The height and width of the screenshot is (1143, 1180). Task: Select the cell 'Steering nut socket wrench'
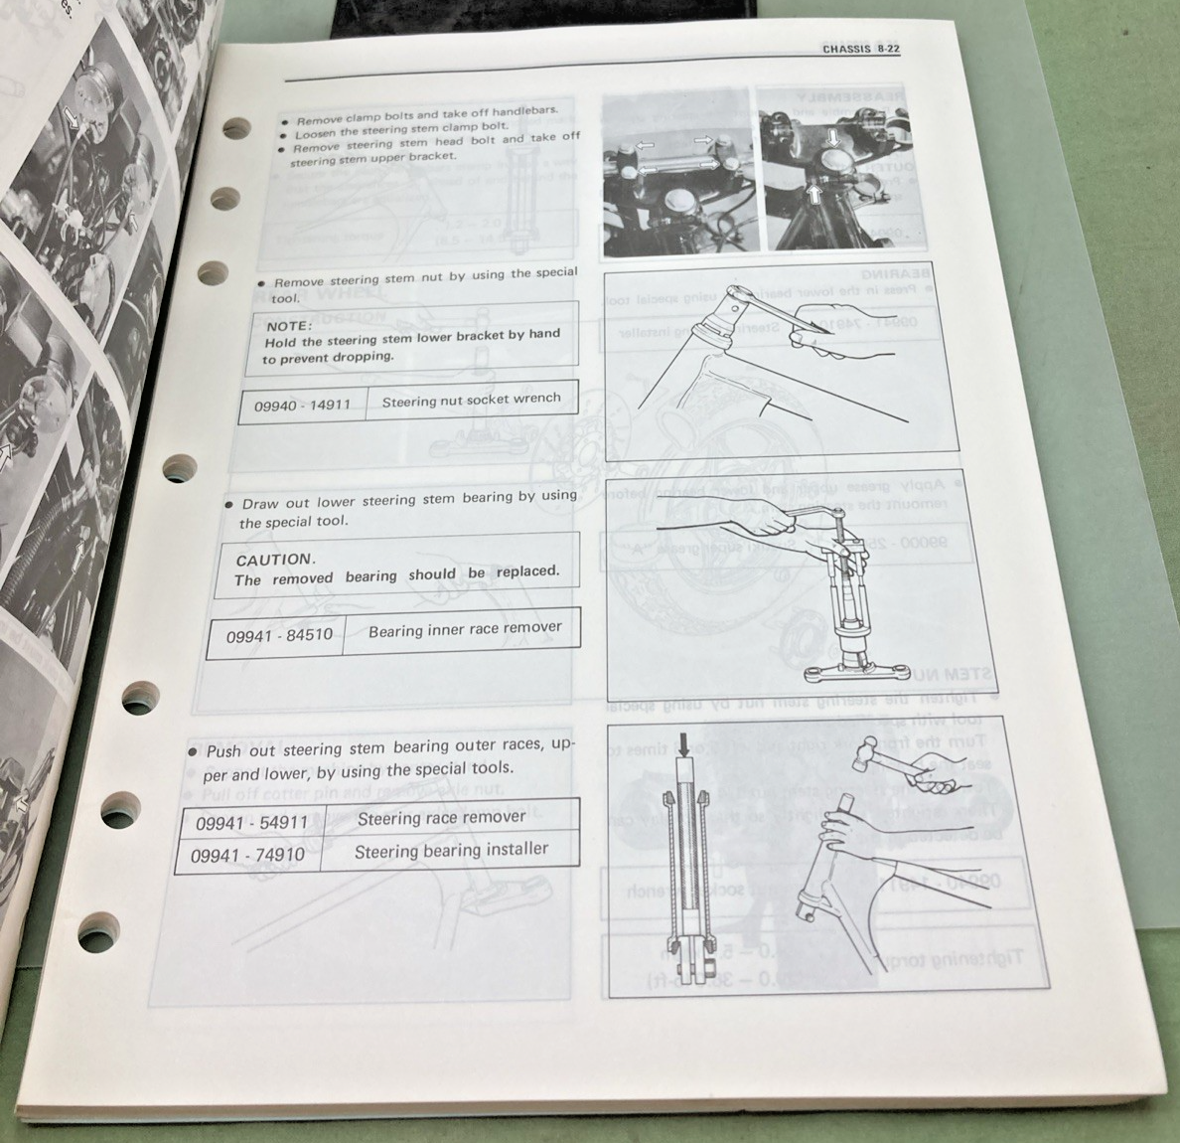coord(471,400)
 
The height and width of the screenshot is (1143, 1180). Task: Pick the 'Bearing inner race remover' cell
coord(464,629)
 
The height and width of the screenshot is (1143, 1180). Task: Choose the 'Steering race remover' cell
coord(441,818)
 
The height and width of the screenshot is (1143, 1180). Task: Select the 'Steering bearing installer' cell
coord(451,850)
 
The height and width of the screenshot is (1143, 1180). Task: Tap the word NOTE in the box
coord(289,325)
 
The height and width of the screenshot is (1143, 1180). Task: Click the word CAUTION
coord(274,560)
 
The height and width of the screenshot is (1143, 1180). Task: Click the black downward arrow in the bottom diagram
coord(684,745)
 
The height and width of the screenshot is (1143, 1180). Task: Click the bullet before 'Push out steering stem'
coord(193,752)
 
